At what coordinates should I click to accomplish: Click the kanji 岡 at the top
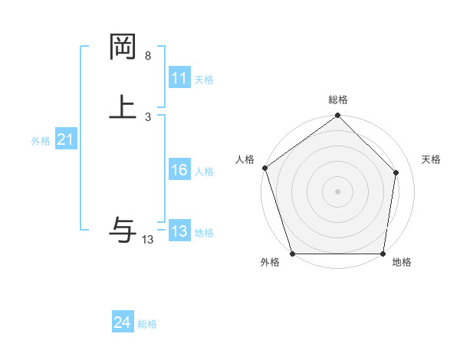click(x=123, y=47)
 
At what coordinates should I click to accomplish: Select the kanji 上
click(x=123, y=106)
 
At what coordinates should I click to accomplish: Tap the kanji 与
click(x=123, y=229)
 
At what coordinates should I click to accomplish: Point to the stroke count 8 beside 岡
click(x=147, y=56)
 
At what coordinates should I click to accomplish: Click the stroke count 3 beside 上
click(x=147, y=116)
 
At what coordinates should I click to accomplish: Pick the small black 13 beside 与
click(x=147, y=240)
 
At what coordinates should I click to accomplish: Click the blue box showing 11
click(x=179, y=78)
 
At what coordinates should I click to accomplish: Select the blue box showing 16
click(x=179, y=170)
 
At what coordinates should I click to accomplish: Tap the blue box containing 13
click(x=179, y=231)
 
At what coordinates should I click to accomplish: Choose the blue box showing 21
click(x=65, y=140)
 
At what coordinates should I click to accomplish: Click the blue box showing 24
click(x=123, y=323)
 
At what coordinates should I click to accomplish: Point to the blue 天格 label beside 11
click(x=204, y=79)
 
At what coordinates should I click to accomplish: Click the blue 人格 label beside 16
click(x=204, y=171)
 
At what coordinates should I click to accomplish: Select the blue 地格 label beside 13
click(x=204, y=232)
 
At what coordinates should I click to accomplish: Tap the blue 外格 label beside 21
click(x=41, y=141)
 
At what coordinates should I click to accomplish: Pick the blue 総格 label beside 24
click(x=147, y=324)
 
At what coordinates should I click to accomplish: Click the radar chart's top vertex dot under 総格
click(x=337, y=116)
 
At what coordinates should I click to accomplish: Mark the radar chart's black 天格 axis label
click(x=431, y=159)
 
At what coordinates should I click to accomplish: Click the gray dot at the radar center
click(x=337, y=191)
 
